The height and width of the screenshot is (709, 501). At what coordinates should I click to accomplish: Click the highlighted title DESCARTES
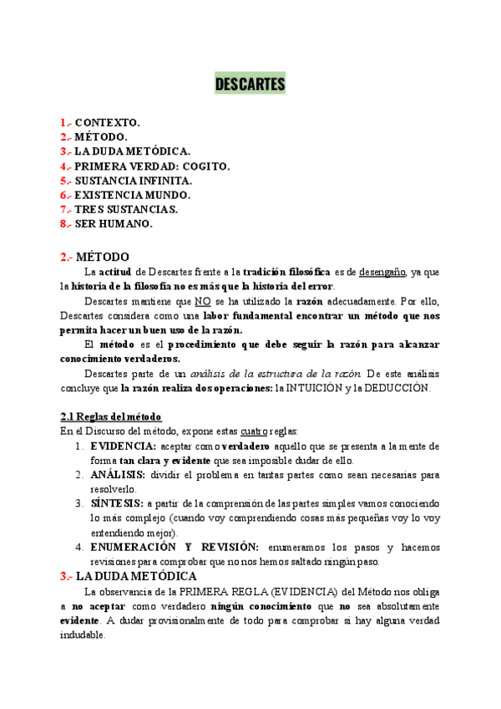coord(250,84)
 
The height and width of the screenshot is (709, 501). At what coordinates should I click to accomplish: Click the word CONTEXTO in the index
coord(108,122)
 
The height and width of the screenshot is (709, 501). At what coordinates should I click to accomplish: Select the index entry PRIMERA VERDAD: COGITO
coord(152,166)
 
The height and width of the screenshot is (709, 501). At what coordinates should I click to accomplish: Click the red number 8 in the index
coord(63,223)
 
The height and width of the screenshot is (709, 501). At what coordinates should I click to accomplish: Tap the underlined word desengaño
coord(383,272)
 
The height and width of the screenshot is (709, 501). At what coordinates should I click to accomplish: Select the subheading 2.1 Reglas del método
coord(111,416)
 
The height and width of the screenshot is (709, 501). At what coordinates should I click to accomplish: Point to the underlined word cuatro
coord(255,431)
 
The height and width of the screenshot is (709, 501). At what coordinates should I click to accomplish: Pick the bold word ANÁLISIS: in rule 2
coord(118,474)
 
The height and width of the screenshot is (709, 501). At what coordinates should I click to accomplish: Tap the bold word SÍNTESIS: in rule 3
coord(117,503)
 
